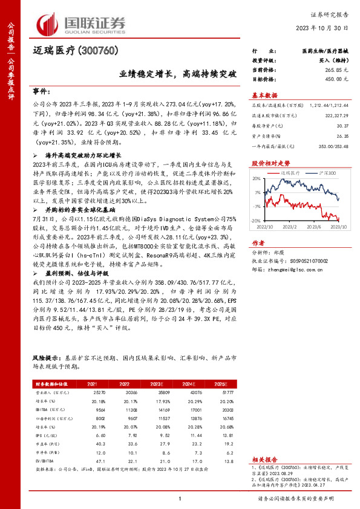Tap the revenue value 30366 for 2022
(124, 392)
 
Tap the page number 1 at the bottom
(180, 498)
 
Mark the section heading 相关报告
(264, 459)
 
